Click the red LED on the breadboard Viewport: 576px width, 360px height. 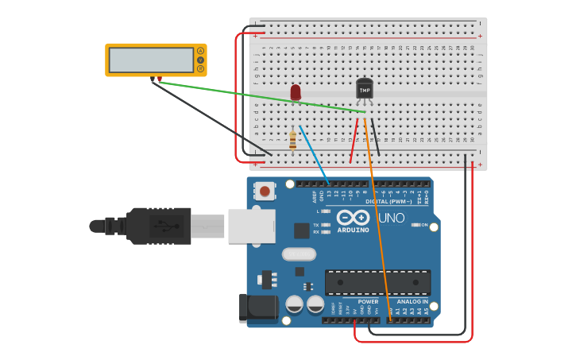(296, 93)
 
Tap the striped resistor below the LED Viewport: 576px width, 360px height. (292, 141)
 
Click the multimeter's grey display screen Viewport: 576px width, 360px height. (151, 60)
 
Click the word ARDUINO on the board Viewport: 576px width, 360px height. (353, 230)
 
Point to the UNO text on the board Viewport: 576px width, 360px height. (390, 218)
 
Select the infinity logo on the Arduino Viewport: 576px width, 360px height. (353, 218)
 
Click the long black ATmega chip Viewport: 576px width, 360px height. (377, 282)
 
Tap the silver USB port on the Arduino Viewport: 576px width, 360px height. (251, 226)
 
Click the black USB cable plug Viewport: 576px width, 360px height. (159, 226)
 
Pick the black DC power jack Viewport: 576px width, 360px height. (258, 308)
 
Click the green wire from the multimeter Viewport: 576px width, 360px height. (254, 96)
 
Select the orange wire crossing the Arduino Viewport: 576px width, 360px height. (377, 230)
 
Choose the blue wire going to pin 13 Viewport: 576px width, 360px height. (315, 155)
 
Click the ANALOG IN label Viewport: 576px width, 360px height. (412, 302)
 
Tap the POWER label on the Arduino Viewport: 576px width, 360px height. (368, 302)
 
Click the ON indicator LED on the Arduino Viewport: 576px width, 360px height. (416, 225)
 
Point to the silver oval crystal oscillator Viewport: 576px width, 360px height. (299, 254)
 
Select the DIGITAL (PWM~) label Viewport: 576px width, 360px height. (388, 201)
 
